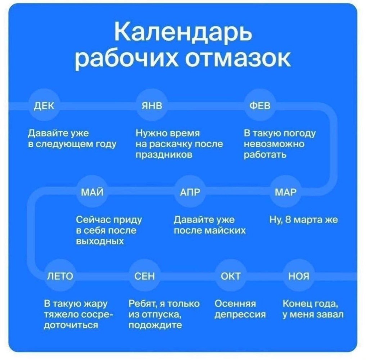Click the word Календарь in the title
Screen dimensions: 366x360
point(183,31)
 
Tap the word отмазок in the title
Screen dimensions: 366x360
point(238,58)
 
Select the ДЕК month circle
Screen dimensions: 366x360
point(44,106)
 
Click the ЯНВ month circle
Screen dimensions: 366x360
point(152,106)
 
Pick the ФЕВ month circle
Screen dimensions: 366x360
point(260,106)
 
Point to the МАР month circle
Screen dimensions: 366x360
point(285,192)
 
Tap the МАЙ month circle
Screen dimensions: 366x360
point(92,192)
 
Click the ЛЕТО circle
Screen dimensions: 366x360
point(60,276)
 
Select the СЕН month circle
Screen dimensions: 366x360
point(144,276)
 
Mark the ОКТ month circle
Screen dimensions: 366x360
point(231,276)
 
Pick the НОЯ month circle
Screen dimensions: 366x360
point(299,276)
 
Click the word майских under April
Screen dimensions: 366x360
point(225,231)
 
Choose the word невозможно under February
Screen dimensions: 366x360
point(274,144)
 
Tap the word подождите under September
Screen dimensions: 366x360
point(155,325)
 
